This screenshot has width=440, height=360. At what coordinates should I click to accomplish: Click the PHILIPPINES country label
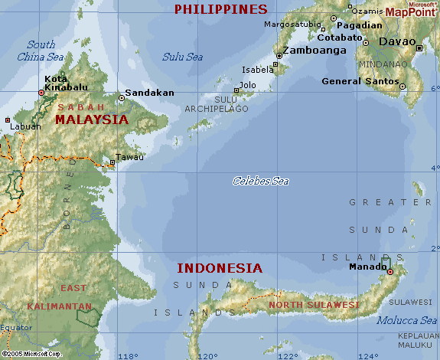click(220, 9)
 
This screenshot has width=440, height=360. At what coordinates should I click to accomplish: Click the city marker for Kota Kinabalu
click(42, 93)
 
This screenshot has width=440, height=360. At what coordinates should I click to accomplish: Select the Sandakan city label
click(149, 92)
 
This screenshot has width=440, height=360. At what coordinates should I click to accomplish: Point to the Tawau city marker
click(112, 162)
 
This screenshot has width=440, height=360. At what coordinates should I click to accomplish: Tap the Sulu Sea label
click(182, 56)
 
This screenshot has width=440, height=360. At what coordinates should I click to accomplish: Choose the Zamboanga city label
click(315, 51)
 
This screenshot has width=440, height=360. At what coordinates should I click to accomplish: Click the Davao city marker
click(419, 48)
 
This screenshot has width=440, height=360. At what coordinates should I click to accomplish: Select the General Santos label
click(360, 81)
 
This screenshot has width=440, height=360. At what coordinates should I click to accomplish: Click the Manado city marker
click(389, 272)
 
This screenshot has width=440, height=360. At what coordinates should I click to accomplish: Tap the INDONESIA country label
click(220, 268)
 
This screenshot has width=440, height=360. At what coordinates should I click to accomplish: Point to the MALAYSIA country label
click(92, 119)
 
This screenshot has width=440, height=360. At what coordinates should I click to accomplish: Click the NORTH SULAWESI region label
click(314, 305)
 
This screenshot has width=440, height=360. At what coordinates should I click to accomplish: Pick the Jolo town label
click(248, 85)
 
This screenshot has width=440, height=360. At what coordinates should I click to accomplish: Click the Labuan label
click(25, 126)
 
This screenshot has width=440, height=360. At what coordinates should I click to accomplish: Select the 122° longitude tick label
click(288, 355)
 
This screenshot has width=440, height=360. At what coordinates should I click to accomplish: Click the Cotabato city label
click(340, 37)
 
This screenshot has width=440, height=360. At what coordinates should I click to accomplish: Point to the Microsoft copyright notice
click(32, 354)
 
